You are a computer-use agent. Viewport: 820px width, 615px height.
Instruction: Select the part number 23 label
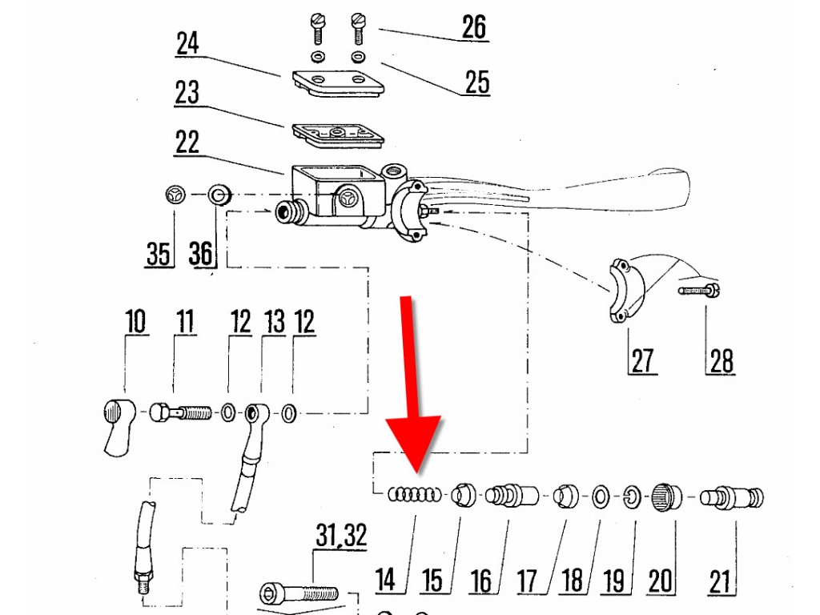(187, 92)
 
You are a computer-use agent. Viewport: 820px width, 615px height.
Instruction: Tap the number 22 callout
(187, 143)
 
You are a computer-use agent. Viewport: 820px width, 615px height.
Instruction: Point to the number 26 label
(474, 26)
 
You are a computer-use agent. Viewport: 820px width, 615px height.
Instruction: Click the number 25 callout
(476, 81)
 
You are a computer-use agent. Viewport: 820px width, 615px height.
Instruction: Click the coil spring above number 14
(415, 495)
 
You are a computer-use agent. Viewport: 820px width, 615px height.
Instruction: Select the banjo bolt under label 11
(180, 413)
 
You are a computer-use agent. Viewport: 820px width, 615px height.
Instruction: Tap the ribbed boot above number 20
(666, 496)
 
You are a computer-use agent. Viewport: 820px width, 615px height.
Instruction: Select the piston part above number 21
(732, 497)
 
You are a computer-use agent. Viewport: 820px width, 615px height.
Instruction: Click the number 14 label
(386, 579)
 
